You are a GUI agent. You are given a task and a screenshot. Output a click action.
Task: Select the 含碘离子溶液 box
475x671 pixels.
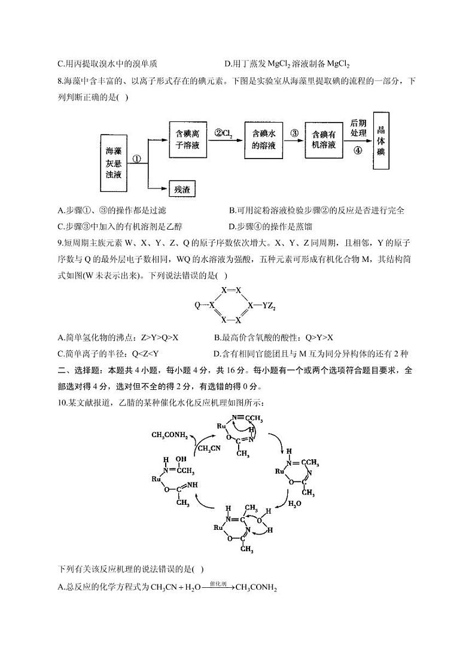(192, 139)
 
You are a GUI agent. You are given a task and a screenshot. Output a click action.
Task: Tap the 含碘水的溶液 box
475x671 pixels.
(263, 139)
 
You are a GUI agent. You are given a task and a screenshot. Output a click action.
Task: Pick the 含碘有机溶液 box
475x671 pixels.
(324, 139)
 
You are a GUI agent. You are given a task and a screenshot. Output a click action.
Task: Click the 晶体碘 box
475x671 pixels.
(380, 140)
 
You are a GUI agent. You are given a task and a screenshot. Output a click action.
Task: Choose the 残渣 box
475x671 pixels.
(182, 189)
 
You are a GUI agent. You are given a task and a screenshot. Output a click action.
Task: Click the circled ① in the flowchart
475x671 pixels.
(136, 160)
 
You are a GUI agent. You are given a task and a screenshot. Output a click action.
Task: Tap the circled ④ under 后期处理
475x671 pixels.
(358, 151)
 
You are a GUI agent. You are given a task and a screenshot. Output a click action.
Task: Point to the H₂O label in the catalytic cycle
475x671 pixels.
(295, 504)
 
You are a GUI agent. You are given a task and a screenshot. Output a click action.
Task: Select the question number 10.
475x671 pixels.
(63, 402)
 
